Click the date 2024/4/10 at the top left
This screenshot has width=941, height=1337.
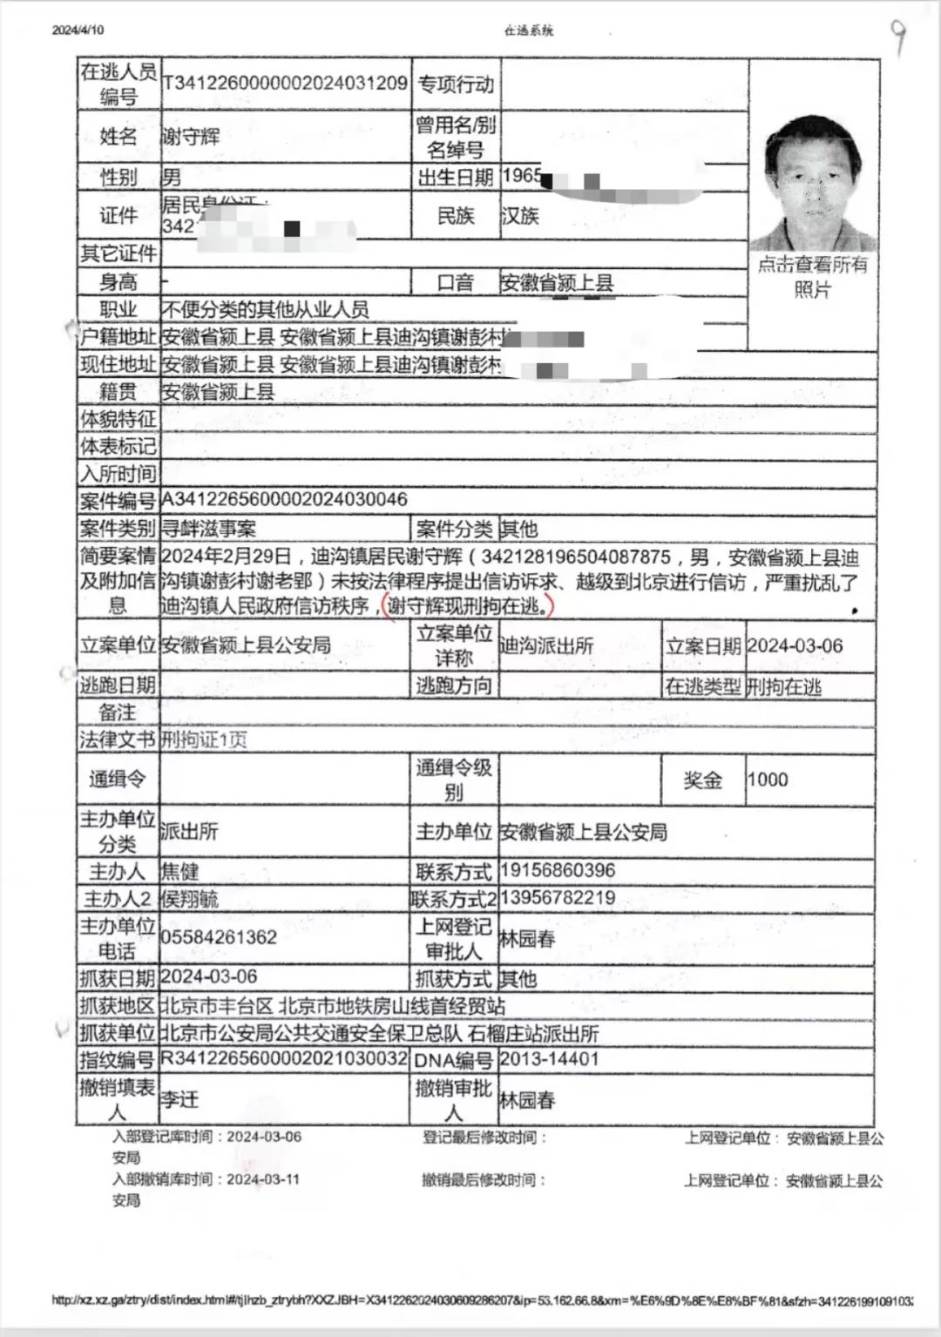pyautogui.click(x=78, y=30)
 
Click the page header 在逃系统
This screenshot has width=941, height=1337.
pyautogui.click(x=528, y=30)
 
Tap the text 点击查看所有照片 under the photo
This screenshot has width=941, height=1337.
pyautogui.click(x=812, y=276)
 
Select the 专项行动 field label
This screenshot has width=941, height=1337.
pyautogui.click(x=455, y=84)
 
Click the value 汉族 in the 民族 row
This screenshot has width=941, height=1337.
pyautogui.click(x=520, y=215)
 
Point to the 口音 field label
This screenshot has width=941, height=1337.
pyautogui.click(x=455, y=282)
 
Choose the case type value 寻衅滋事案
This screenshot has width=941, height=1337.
pyautogui.click(x=209, y=528)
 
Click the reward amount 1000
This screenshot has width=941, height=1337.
pyautogui.click(x=768, y=779)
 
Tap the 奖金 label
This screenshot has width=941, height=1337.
pyautogui.click(x=702, y=780)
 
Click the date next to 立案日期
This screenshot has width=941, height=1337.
pyautogui.click(x=795, y=645)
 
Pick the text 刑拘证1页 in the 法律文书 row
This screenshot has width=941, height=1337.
pyautogui.click(x=205, y=739)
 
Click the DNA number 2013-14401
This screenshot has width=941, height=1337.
pyautogui.click(x=550, y=1059)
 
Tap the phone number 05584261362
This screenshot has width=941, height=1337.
pyautogui.click(x=219, y=937)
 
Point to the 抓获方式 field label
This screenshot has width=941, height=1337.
pyautogui.click(x=453, y=978)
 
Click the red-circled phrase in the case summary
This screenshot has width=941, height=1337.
pyautogui.click(x=469, y=605)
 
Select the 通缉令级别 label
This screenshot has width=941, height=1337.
pyautogui.click(x=453, y=780)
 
